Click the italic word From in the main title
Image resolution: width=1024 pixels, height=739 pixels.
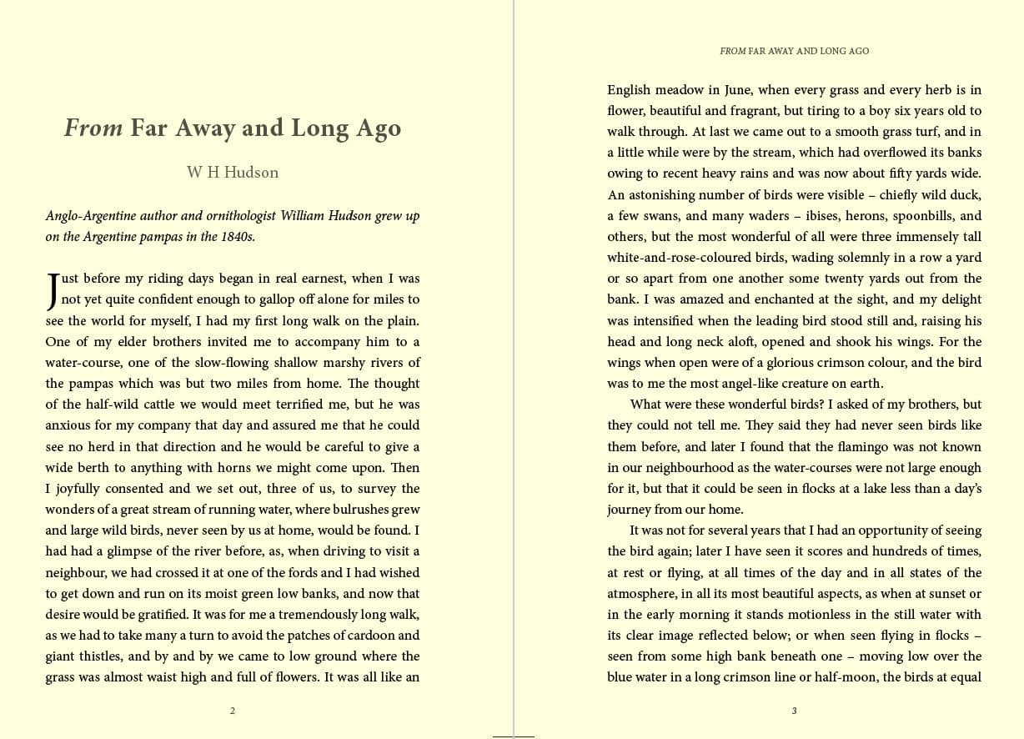[x=93, y=128]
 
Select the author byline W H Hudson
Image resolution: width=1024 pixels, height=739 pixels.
[x=233, y=173]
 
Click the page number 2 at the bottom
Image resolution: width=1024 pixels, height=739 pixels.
[x=233, y=711]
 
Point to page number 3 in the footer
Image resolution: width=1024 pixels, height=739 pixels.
[x=794, y=711]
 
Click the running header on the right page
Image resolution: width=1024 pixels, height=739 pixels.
[x=794, y=51]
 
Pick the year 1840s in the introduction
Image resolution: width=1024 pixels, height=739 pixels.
[x=238, y=237]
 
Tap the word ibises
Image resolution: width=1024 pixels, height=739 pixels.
[x=826, y=216]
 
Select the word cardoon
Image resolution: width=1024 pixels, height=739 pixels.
[x=364, y=636]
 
